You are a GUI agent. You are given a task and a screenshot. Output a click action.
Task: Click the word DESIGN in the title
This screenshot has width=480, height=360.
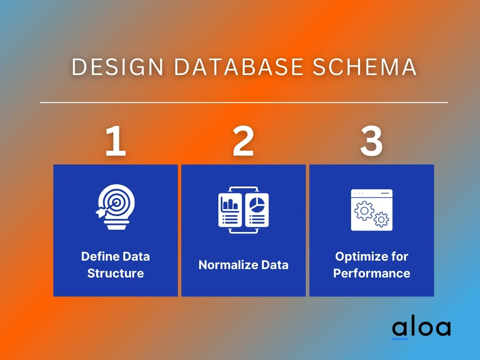tap(118, 67)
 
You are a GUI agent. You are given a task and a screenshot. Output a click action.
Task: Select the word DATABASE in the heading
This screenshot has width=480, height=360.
tap(239, 67)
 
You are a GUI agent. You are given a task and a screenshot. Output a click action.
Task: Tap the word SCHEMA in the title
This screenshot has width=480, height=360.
tap(365, 67)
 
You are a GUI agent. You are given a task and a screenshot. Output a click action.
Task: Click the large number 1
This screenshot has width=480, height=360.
tap(115, 141)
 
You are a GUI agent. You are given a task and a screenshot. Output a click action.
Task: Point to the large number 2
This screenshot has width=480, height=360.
tap(243, 141)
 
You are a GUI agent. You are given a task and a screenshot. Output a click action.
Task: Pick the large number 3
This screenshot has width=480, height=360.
tap(371, 142)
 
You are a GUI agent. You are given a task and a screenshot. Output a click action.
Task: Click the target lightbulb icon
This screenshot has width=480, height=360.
tap(115, 207)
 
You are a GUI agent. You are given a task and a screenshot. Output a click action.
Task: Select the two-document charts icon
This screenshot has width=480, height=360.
tap(243, 210)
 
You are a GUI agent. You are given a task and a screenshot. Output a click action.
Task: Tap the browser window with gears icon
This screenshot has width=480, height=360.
tap(372, 210)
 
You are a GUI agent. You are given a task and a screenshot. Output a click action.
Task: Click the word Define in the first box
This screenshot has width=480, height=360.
tap(98, 256)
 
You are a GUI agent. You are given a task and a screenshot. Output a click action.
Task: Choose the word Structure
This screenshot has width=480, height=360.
tap(115, 273)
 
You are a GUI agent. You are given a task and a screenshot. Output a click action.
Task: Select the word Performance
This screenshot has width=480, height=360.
tap(372, 273)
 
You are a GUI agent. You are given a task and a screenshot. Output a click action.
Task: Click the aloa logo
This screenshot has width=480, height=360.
tap(421, 328)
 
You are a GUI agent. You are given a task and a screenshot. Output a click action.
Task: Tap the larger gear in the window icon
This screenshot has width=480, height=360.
tap(364, 211)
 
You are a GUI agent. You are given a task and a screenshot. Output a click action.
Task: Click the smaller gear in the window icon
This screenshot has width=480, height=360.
tap(382, 219)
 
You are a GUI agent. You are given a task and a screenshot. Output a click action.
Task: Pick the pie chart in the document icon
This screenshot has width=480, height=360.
tap(257, 204)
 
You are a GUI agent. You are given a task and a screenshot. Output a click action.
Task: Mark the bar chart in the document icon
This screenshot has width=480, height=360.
tap(230, 204)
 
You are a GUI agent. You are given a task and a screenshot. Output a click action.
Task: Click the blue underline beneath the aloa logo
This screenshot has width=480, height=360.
tap(400, 339)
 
